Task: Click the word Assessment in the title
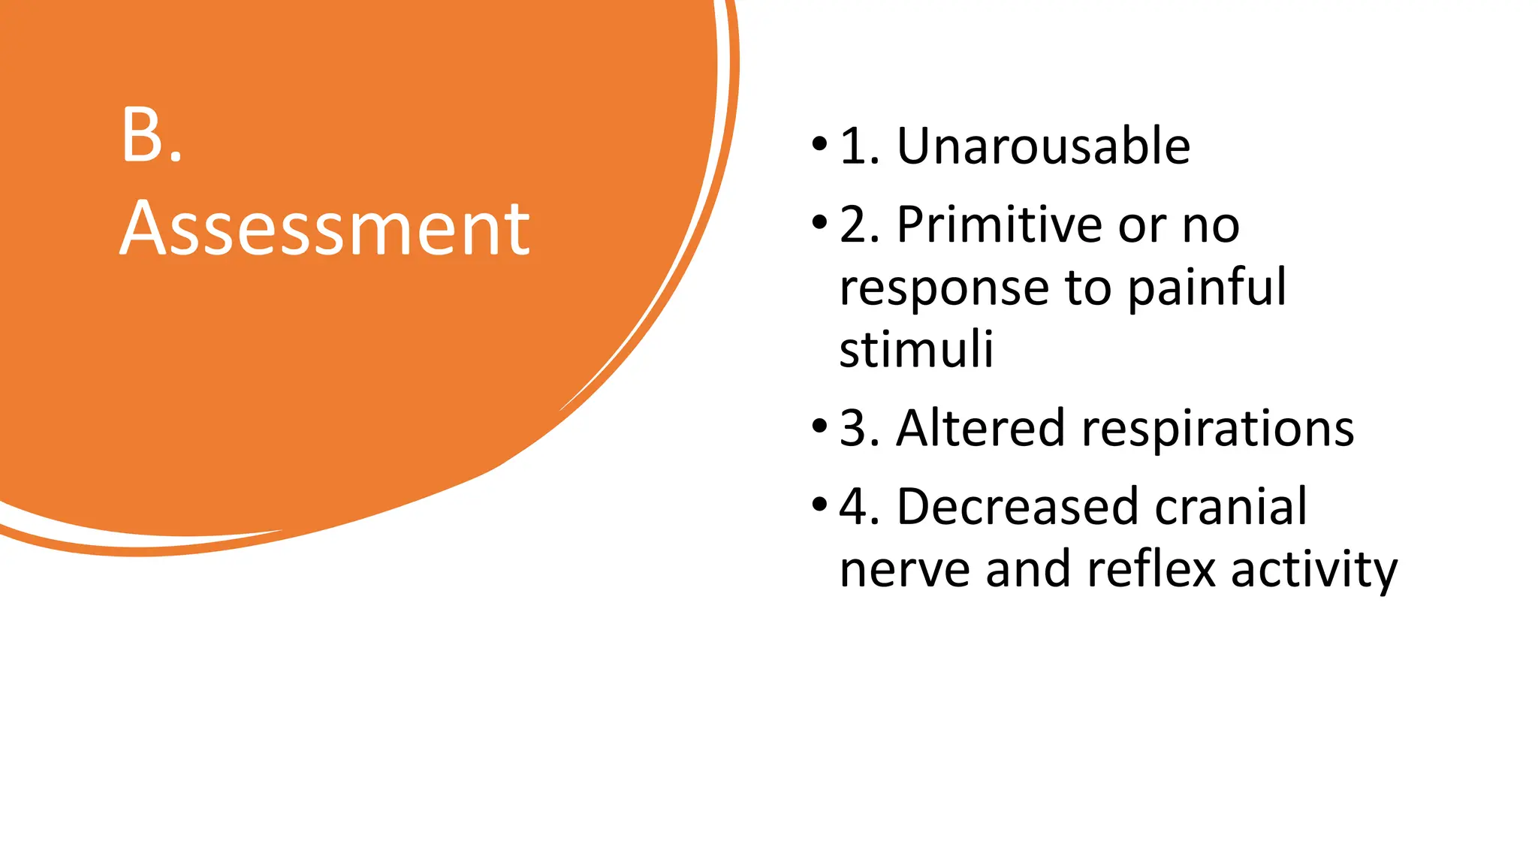(x=324, y=228)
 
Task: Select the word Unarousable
(x=1043, y=146)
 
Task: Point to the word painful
(x=1207, y=288)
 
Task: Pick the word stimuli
(x=916, y=349)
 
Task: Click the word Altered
(x=980, y=428)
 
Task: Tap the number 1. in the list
(x=859, y=146)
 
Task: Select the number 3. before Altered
(x=859, y=428)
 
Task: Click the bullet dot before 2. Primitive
(x=819, y=222)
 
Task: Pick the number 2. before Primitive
(x=859, y=225)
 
